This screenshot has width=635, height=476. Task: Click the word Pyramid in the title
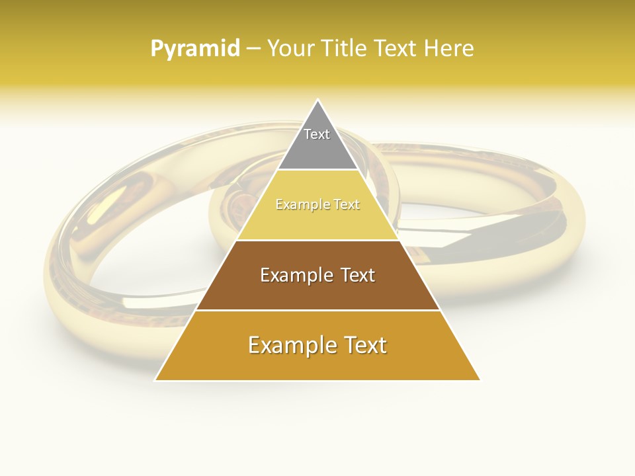click(194, 49)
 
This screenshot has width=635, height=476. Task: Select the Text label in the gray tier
click(317, 134)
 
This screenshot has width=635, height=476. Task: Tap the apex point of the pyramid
click(317, 100)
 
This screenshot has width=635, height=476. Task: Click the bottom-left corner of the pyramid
click(155, 380)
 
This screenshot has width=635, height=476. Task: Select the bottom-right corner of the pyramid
click(480, 380)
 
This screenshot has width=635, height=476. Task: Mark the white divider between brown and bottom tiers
click(317, 310)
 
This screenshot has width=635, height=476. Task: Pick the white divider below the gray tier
click(317, 170)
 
